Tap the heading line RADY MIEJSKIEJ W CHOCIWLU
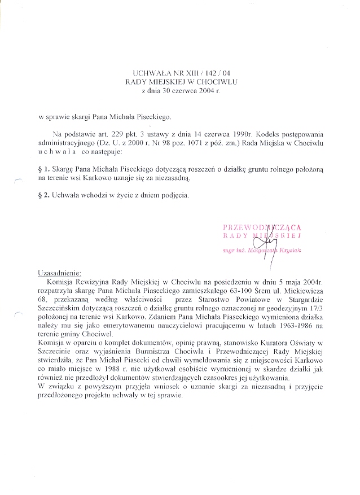(180, 82)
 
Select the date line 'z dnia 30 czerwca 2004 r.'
(180, 90)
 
